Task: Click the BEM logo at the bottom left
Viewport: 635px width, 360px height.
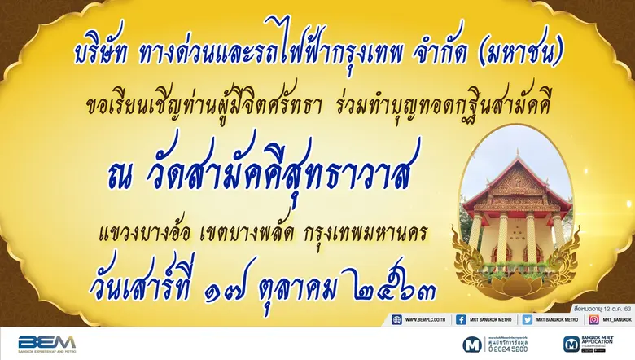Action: (x=46, y=343)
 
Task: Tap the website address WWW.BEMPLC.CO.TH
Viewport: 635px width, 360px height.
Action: (x=428, y=319)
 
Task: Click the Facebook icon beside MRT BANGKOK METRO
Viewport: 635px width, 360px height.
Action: (x=461, y=319)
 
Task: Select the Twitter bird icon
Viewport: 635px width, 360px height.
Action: (x=527, y=319)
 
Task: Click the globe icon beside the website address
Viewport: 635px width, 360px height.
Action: (x=397, y=319)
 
